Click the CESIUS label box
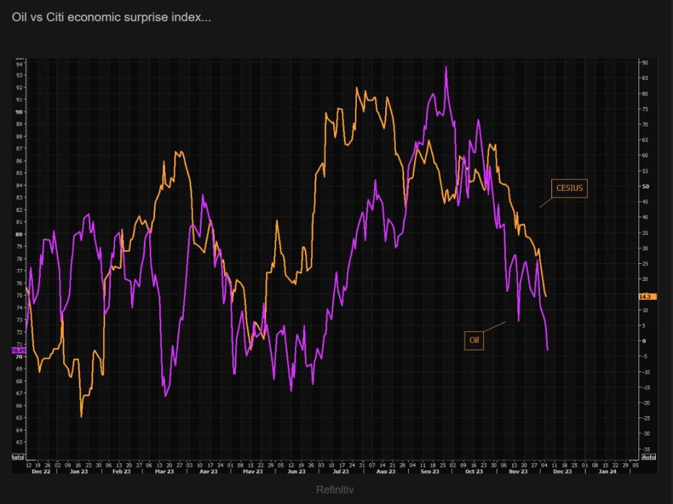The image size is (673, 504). point(569,188)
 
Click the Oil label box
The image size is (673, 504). point(474,340)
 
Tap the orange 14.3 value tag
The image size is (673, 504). point(648,297)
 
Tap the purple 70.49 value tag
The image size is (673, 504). point(18,350)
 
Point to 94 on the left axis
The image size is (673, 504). point(19,64)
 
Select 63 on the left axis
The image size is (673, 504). point(19,430)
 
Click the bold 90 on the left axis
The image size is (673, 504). point(19,112)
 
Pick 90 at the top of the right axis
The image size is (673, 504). point(645,63)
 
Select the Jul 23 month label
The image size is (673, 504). point(340,471)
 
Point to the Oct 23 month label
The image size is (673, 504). point(474,471)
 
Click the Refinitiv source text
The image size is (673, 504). point(336,490)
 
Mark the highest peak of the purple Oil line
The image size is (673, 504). point(446,67)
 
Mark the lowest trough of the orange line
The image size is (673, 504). point(81,416)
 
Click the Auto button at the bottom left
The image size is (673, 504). point(18,457)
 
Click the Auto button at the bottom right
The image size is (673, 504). point(648,457)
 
